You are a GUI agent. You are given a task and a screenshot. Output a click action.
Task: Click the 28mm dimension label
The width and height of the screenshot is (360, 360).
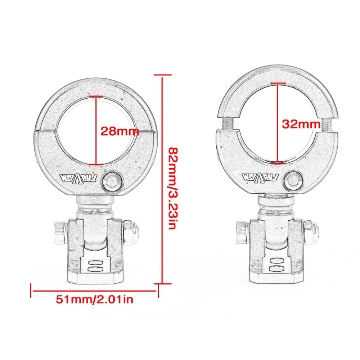(x=119, y=131)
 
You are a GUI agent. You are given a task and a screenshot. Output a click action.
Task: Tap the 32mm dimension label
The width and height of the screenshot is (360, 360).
(x=301, y=124)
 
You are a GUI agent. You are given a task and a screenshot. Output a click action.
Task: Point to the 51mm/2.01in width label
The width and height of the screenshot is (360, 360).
(x=94, y=299)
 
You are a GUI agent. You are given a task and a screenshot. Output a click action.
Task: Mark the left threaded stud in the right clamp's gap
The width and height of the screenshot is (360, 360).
(x=228, y=125)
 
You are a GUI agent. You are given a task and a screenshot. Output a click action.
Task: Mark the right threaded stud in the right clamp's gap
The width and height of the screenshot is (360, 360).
(x=327, y=125)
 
